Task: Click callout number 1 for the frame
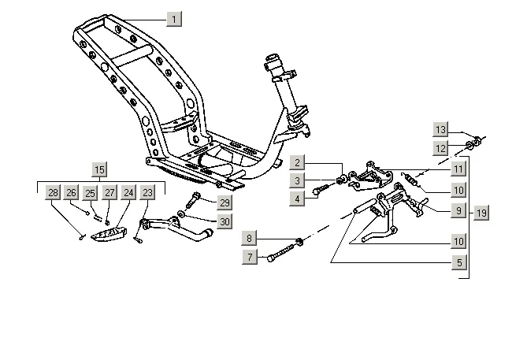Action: [174, 17]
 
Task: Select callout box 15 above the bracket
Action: [99, 169]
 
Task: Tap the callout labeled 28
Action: [53, 192]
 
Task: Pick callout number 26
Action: [72, 192]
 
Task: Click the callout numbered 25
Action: [91, 192]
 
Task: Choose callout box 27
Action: [109, 192]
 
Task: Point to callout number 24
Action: [128, 192]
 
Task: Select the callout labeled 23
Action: [147, 192]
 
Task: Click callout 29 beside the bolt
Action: [225, 203]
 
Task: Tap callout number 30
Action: [225, 221]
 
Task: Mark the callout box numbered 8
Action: [250, 238]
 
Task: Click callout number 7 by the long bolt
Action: [250, 257]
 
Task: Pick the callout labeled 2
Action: [297, 163]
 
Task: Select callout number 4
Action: [297, 199]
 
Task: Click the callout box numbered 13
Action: [441, 129]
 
